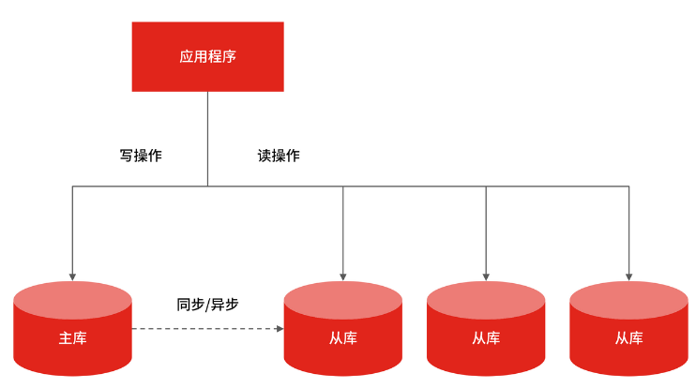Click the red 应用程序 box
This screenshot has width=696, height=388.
tap(207, 56)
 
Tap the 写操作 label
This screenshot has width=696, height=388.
tap(141, 156)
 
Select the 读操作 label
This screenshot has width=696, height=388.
tap(279, 156)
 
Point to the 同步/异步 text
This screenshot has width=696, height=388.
tap(207, 305)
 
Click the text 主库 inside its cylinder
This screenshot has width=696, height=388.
tap(72, 337)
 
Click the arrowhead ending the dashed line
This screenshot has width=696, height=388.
tap(280, 329)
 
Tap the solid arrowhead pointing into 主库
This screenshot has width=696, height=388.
tap(72, 276)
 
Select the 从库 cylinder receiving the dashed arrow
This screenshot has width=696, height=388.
tap(343, 333)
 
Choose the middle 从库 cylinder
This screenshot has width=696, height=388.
tap(486, 333)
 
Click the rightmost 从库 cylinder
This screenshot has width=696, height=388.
tap(628, 333)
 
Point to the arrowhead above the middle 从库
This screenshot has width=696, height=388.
tap(486, 276)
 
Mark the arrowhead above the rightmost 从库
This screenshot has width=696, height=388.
tap(628, 276)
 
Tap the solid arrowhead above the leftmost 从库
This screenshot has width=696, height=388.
tap(343, 276)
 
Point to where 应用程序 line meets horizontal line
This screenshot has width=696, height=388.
tap(207, 187)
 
